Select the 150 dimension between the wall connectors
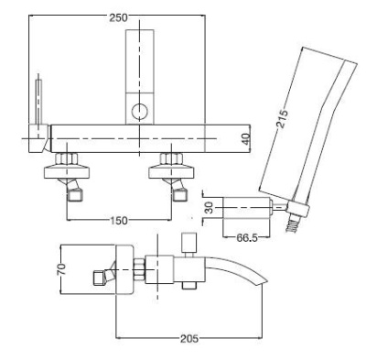(116, 221)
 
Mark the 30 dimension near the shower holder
(207, 208)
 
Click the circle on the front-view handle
(139, 113)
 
